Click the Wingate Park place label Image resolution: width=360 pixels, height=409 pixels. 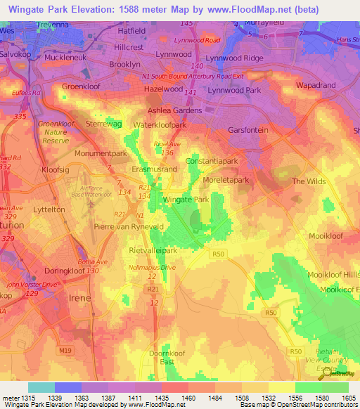pyautogui.click(x=186, y=200)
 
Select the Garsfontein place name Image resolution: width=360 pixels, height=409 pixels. pyautogui.click(x=251, y=131)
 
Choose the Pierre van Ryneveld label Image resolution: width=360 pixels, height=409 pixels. pyautogui.click(x=129, y=228)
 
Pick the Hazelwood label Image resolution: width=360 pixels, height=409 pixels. pyautogui.click(x=163, y=91)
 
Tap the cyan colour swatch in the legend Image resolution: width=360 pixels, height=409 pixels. pyautogui.click(x=41, y=388)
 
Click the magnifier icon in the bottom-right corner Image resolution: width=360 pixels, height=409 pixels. pyautogui.click(x=328, y=373)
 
